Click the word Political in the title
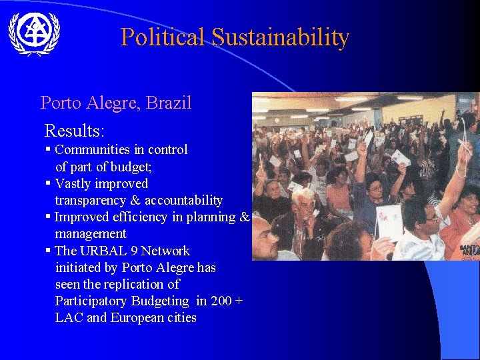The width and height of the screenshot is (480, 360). point(163,37)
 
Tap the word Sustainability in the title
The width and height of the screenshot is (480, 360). point(280,37)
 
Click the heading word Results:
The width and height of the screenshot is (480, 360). point(75,130)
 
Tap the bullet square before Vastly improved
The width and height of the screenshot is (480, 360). point(49,183)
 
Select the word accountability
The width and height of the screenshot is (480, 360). point(183,201)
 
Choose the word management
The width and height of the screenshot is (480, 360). point(90,234)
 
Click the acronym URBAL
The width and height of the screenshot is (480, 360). point(104,251)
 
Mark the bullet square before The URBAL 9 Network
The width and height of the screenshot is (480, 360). point(49,250)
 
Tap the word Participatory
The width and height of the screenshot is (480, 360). point(89,301)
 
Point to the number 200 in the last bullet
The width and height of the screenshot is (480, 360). point(221,301)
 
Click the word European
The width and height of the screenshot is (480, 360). point(139,318)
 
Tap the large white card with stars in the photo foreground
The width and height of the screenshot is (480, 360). point(389,222)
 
